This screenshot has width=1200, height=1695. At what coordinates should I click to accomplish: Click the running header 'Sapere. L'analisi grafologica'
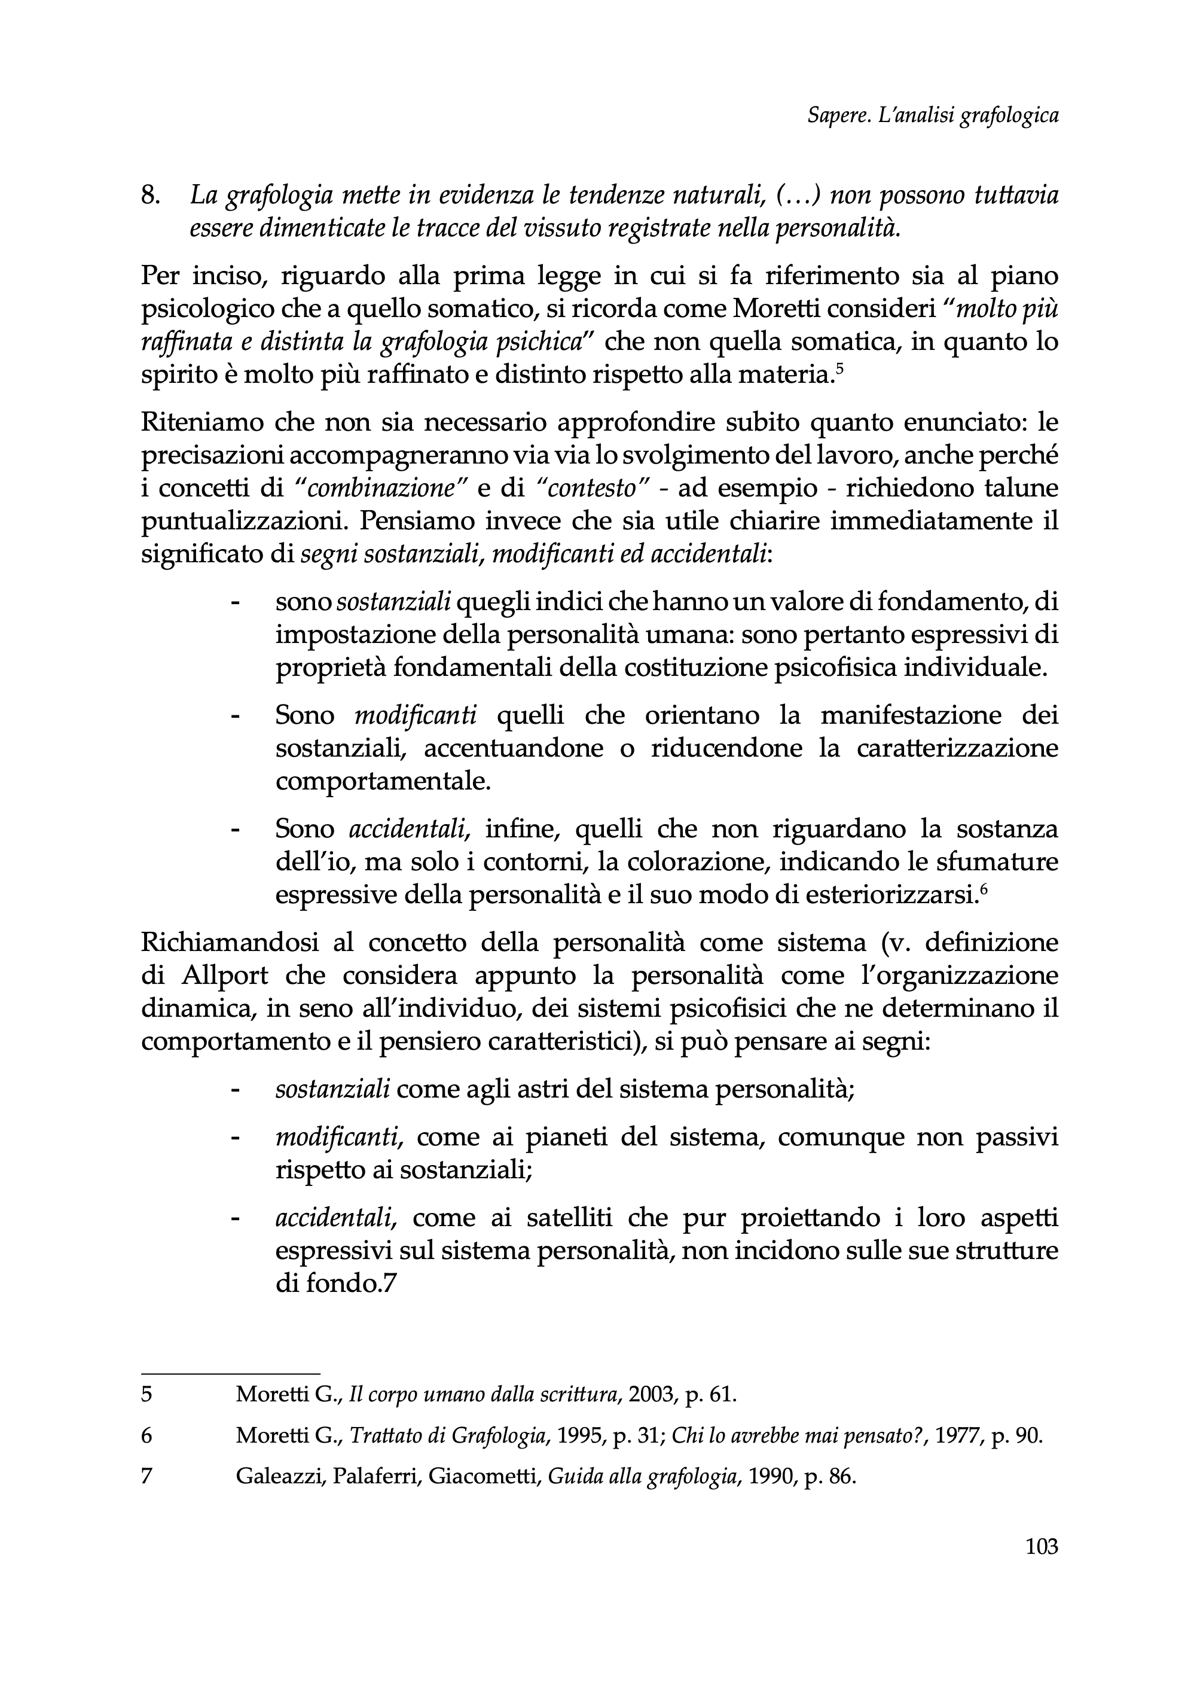point(933,116)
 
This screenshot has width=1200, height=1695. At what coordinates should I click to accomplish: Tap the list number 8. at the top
point(151,196)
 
